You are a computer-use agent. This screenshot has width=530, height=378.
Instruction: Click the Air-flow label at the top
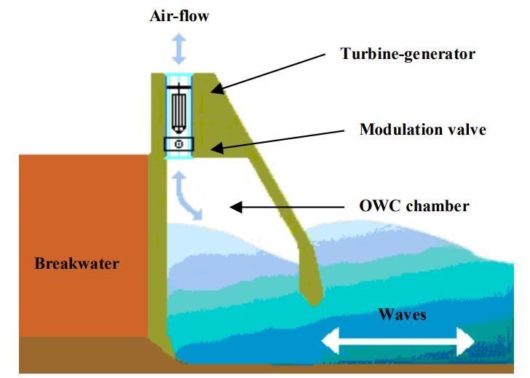tap(179, 15)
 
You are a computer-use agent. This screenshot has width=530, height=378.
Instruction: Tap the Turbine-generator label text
tap(408, 53)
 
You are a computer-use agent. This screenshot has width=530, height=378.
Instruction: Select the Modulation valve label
tap(422, 130)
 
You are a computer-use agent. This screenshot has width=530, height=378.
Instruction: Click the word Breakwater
tap(76, 263)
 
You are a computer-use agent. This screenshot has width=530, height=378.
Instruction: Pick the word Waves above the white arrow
tap(402, 315)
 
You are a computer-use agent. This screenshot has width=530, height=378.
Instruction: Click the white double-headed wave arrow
tap(400, 340)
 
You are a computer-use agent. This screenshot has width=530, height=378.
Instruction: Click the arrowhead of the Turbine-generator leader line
tap(216, 90)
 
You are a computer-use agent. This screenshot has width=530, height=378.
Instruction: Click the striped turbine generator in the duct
tap(179, 110)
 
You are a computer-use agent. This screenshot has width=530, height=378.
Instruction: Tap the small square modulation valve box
tap(179, 145)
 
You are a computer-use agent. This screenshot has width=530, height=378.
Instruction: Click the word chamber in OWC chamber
tap(439, 206)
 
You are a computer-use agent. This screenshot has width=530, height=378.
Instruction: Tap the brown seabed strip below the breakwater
tap(73, 355)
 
